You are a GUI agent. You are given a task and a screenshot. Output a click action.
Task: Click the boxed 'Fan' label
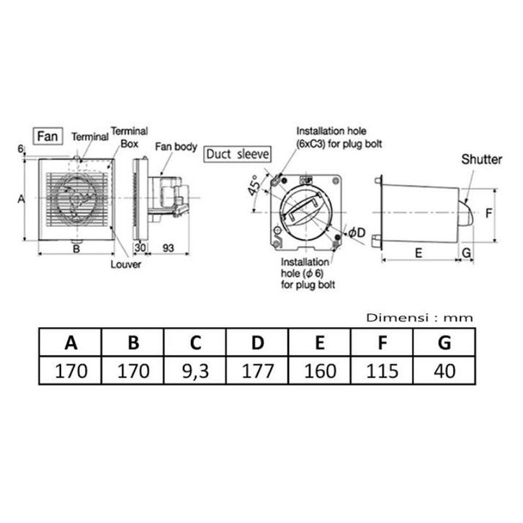[x=48, y=136]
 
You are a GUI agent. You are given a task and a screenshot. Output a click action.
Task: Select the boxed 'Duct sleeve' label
[x=237, y=154]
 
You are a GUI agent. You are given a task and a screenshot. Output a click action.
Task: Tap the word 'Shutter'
[x=481, y=159]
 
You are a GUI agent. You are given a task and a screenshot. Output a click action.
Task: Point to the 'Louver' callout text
[x=126, y=264]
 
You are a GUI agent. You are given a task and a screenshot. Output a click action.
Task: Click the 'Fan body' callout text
[x=176, y=147]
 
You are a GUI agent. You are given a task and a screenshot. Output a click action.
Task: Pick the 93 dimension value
[x=168, y=248]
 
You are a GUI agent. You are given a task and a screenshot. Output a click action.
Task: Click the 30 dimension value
[x=140, y=248]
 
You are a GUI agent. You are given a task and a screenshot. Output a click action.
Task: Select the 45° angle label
[x=254, y=185]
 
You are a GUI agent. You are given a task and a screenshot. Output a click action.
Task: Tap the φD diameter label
[x=357, y=233]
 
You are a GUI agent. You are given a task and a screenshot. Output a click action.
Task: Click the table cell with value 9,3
[x=195, y=370]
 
